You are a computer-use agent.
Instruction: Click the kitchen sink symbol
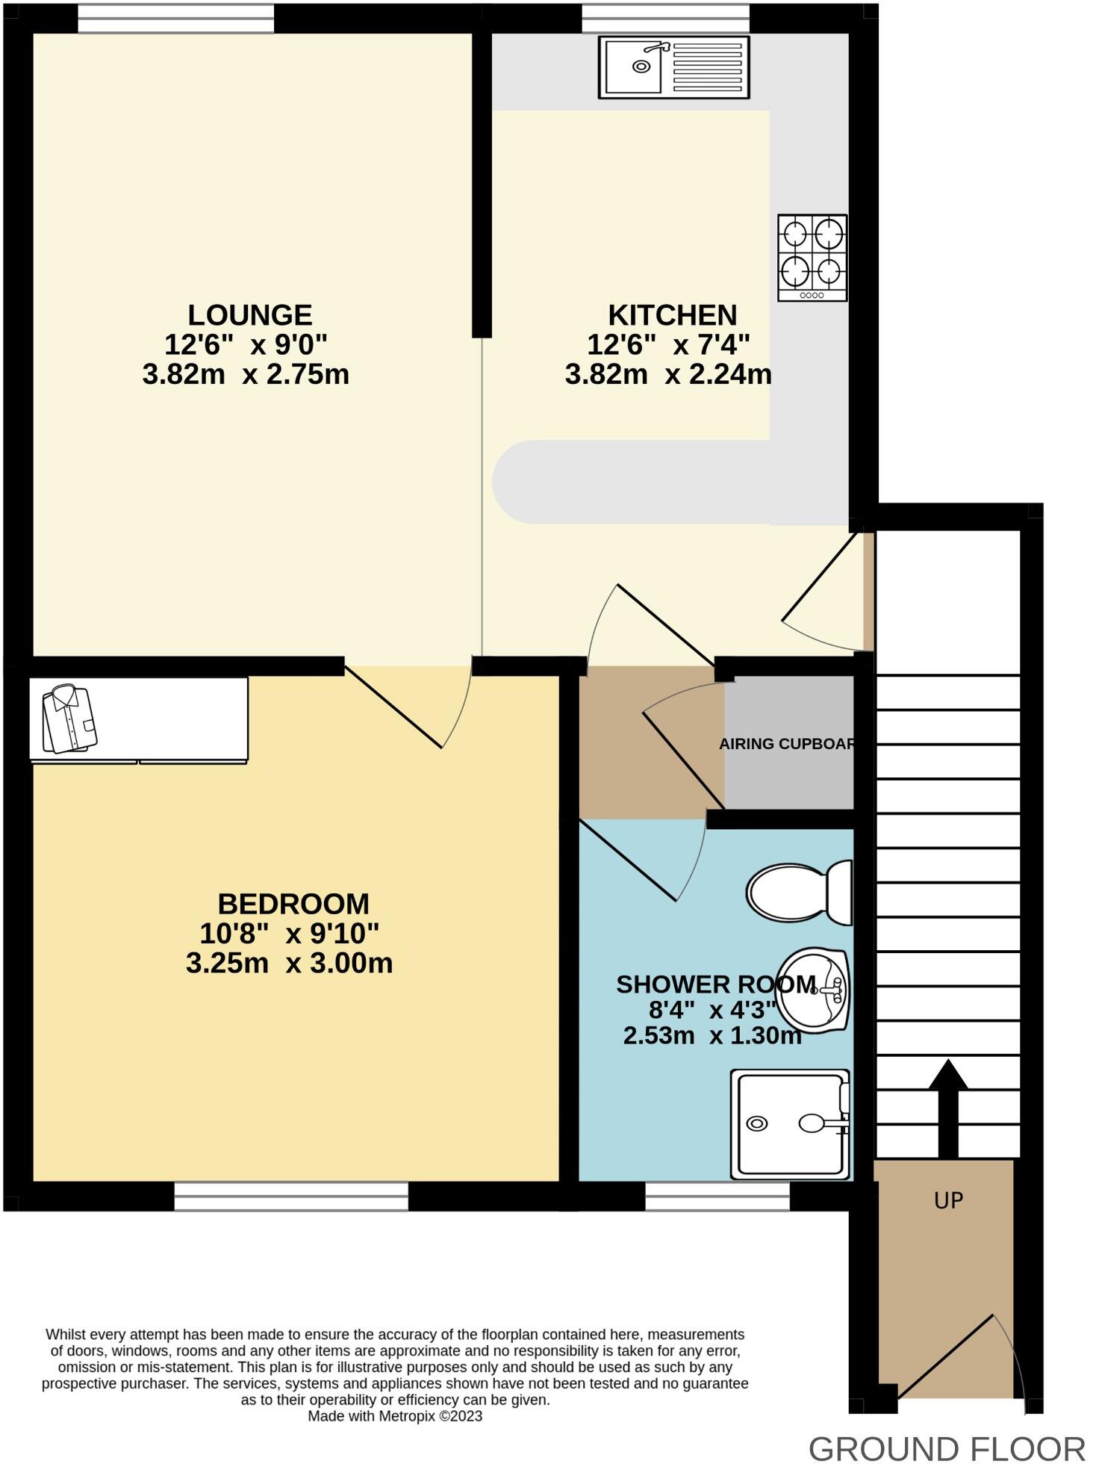coord(673,67)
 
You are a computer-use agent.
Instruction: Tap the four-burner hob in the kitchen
coord(812,258)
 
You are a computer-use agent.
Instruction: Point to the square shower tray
coord(791,1123)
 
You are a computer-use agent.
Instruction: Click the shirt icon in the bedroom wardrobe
coord(69,719)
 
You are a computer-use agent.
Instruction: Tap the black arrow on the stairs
coord(947,1105)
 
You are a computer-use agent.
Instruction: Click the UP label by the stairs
coord(948,1200)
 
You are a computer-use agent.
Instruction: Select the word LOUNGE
coord(249,315)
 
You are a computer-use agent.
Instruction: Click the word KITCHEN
coord(672,315)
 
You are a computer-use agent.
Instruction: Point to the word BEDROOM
coord(293,904)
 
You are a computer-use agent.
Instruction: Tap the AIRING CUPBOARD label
coord(787,744)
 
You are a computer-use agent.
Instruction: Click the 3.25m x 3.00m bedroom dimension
coord(289,964)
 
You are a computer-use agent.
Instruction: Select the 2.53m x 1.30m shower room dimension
coord(711,1036)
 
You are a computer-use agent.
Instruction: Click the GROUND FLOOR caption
coord(946,1448)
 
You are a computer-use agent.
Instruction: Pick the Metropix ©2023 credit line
coord(395,1416)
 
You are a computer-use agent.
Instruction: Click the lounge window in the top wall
coord(175,19)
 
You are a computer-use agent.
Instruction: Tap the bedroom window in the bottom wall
coord(291,1196)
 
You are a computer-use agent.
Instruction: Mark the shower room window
coord(717,1196)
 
